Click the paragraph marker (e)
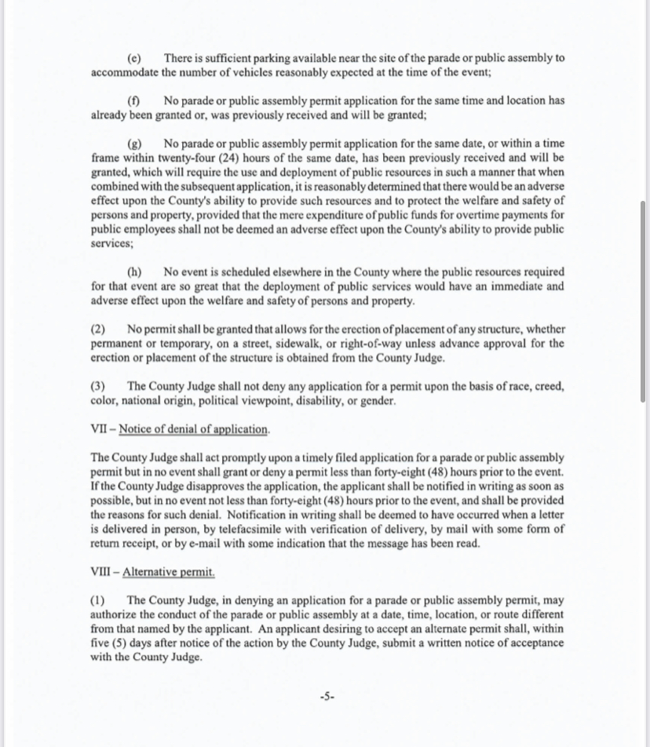pyautogui.click(x=134, y=58)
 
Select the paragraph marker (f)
pyautogui.click(x=134, y=100)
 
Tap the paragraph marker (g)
pyautogui.click(x=134, y=144)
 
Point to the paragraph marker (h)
pyautogui.click(x=134, y=272)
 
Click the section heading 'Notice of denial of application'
pyautogui.click(x=193, y=429)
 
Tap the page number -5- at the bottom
pyautogui.click(x=327, y=695)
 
